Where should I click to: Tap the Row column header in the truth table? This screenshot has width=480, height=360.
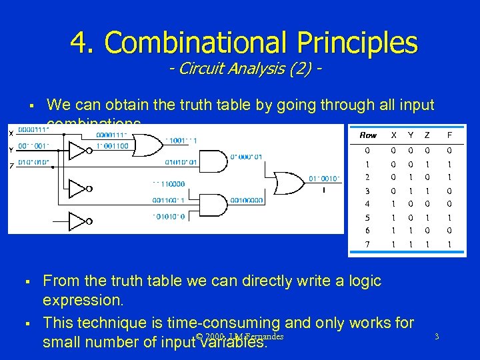click(368, 135)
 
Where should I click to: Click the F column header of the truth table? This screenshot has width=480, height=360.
click(451, 135)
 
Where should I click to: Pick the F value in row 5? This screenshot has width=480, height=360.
click(451, 217)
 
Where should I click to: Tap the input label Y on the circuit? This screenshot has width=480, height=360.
click(11, 150)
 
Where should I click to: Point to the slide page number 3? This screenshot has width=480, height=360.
click(436, 337)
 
